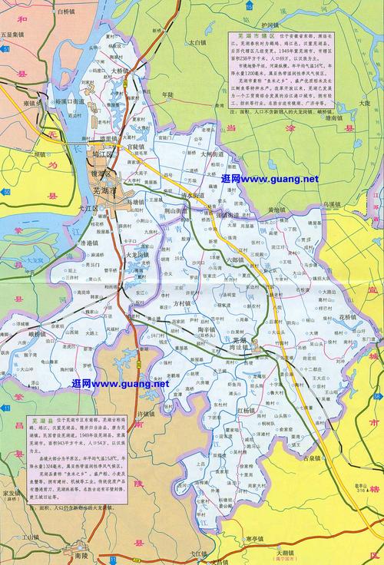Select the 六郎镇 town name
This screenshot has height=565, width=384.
(x=235, y=262)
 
